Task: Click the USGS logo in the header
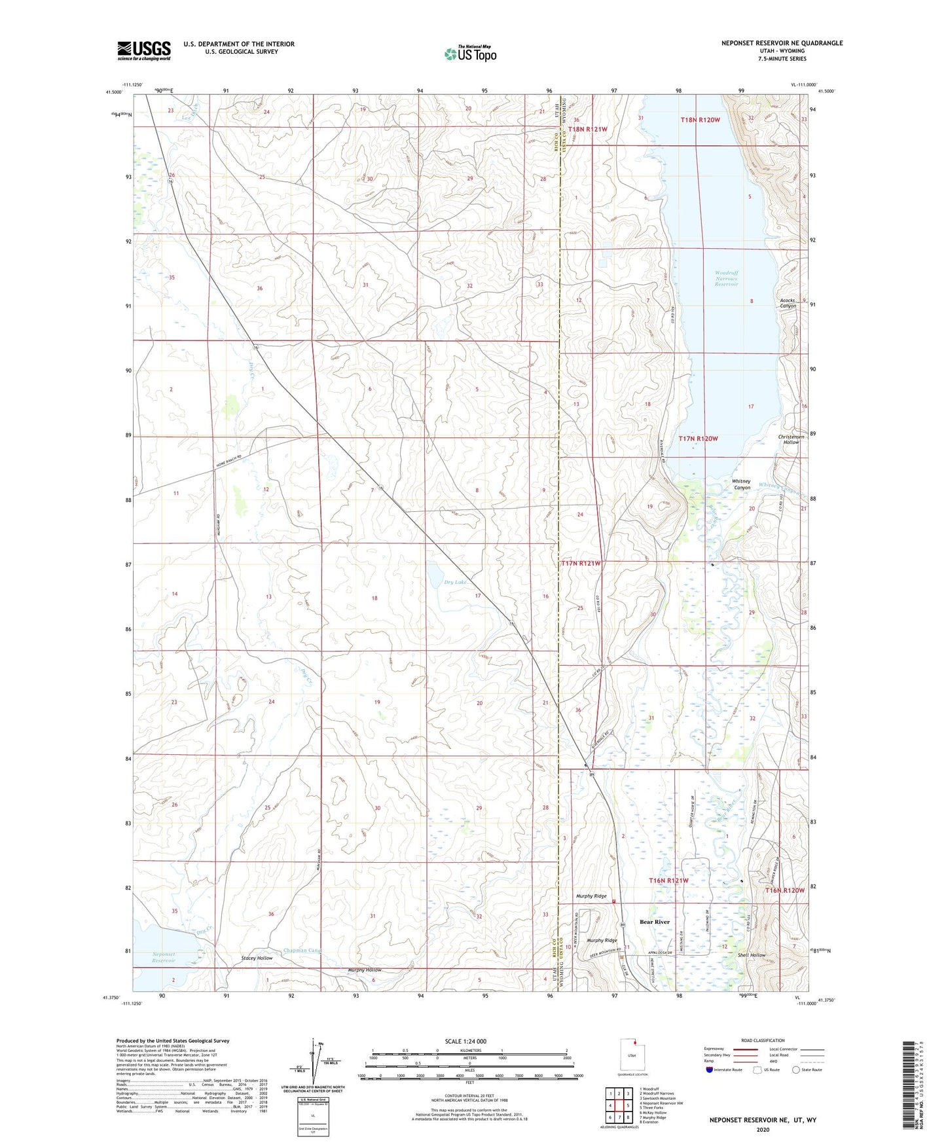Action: (144, 50)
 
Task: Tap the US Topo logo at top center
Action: (470, 54)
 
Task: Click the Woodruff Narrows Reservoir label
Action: (726, 278)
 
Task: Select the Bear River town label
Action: (655, 922)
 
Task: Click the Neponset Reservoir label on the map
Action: (164, 957)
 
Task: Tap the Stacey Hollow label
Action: (257, 958)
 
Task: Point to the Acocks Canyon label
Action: (788, 303)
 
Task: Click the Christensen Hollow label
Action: (791, 439)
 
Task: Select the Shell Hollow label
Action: (752, 955)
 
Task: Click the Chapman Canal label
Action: (302, 951)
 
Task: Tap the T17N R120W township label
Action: (699, 439)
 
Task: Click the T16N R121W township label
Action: (668, 880)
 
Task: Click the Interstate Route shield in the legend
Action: (710, 1070)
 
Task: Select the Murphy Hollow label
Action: (365, 970)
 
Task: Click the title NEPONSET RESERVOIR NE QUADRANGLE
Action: (782, 43)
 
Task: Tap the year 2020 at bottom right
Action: (763, 1129)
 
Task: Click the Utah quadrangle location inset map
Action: (632, 1055)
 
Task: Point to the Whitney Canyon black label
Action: (741, 484)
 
